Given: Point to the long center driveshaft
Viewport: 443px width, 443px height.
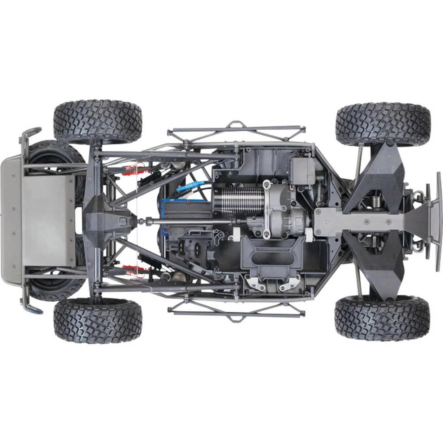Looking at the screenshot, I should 186,221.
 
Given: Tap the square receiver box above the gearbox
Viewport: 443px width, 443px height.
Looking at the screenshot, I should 303,171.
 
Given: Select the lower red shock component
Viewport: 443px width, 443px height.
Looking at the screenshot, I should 133,269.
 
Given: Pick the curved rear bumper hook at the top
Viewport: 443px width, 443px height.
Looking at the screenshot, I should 29,135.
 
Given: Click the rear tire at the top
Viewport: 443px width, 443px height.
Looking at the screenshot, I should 97,120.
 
